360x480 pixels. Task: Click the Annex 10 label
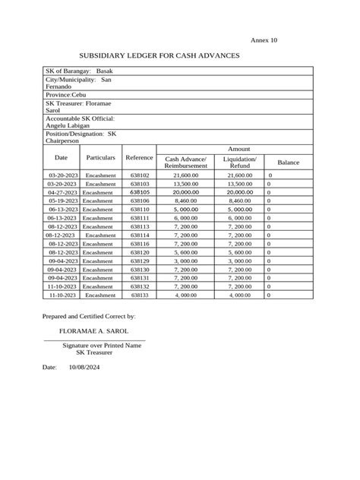click(x=264, y=39)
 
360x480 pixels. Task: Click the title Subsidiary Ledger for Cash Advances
click(x=159, y=56)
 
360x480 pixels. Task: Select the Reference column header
click(x=139, y=157)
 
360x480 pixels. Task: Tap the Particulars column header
click(x=100, y=157)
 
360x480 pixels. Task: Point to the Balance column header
click(x=288, y=163)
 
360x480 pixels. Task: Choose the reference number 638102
click(x=140, y=175)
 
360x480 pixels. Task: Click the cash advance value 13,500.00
click(x=186, y=184)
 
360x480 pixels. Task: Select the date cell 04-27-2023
click(x=62, y=192)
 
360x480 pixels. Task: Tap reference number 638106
click(x=140, y=201)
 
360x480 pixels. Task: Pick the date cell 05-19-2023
click(x=62, y=201)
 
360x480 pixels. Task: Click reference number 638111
click(x=140, y=218)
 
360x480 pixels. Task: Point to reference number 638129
click(x=140, y=261)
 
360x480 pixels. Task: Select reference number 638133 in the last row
click(x=140, y=295)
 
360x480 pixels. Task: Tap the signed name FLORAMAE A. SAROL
click(x=93, y=331)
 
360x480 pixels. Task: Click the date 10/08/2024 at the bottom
click(x=84, y=367)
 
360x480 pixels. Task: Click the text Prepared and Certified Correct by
click(x=89, y=314)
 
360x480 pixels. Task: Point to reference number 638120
click(x=140, y=252)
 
